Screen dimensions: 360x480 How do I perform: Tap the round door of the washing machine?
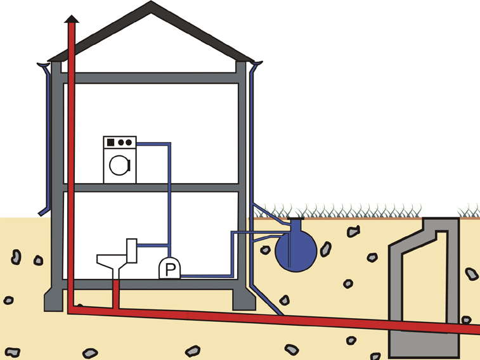click(x=119, y=165)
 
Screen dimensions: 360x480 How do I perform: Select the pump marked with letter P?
click(x=169, y=269)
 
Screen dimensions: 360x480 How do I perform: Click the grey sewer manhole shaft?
click(x=423, y=285)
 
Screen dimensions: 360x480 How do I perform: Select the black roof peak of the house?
click(x=151, y=8)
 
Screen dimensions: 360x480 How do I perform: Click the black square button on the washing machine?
click(x=110, y=142)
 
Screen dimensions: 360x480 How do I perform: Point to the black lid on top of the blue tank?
click(x=295, y=222)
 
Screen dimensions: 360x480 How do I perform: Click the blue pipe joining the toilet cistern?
click(x=152, y=245)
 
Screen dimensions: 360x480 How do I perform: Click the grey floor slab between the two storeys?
click(x=152, y=188)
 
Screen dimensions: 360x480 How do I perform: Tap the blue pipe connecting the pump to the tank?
click(x=209, y=276)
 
